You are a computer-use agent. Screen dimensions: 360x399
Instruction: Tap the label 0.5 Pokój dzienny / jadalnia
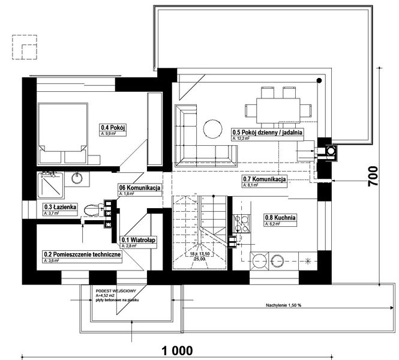(x=266, y=132)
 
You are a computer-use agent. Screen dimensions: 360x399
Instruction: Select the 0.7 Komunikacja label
(x=263, y=179)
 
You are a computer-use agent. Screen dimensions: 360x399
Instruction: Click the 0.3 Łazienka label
(x=59, y=206)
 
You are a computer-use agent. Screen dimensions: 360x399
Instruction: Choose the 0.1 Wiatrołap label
(x=139, y=240)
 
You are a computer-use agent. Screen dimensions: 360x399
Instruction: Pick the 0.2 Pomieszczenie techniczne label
(x=82, y=254)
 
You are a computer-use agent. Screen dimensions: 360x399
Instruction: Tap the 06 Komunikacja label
(x=140, y=188)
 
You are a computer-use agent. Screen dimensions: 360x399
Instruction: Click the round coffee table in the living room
(x=211, y=128)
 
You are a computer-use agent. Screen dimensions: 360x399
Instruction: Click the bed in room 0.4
(x=62, y=134)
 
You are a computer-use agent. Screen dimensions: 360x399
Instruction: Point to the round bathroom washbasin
(x=77, y=178)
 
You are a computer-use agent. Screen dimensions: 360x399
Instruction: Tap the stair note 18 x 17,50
(x=199, y=254)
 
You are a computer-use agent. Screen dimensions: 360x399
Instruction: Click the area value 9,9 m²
(x=112, y=134)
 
